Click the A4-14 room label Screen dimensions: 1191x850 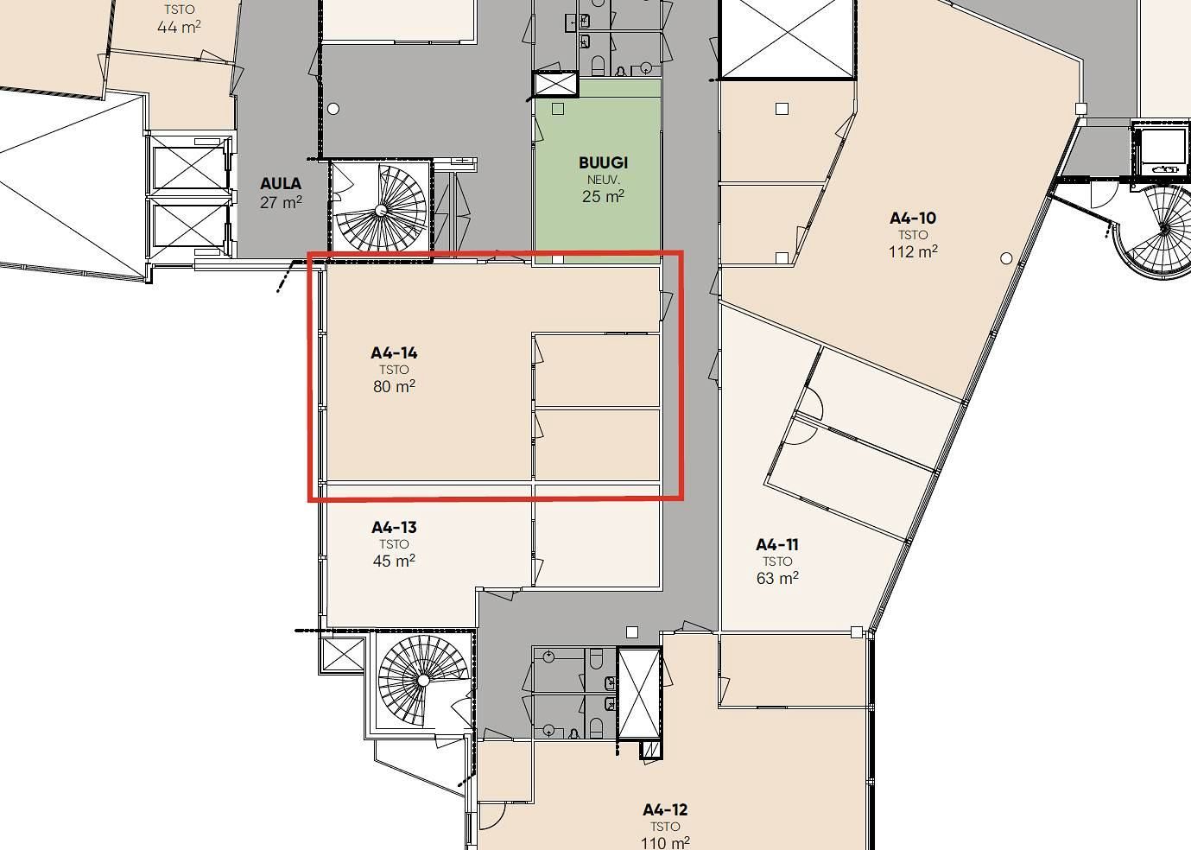[x=394, y=352]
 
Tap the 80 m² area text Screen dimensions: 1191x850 [x=394, y=385]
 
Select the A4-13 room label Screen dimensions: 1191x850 [x=394, y=527]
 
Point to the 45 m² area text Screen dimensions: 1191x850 [x=394, y=560]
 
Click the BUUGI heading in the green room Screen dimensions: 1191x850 [x=604, y=162]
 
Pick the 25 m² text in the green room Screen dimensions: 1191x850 [x=603, y=196]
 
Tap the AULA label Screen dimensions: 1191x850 [x=281, y=183]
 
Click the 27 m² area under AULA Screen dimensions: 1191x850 [x=282, y=201]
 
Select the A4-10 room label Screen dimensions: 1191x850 [x=913, y=218]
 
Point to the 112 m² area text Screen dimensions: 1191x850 [x=913, y=251]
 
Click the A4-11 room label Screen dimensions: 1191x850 [x=777, y=544]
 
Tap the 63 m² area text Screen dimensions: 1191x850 [x=777, y=578]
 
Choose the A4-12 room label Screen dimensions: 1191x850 [x=665, y=809]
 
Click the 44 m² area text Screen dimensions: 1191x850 [x=179, y=27]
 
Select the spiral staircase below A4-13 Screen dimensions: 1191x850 [x=423, y=681]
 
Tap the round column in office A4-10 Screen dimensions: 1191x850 [x=1006, y=258]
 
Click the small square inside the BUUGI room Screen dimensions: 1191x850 [x=558, y=109]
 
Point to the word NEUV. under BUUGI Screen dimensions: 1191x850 [x=604, y=180]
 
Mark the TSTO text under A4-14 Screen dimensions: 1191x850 [x=394, y=370]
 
